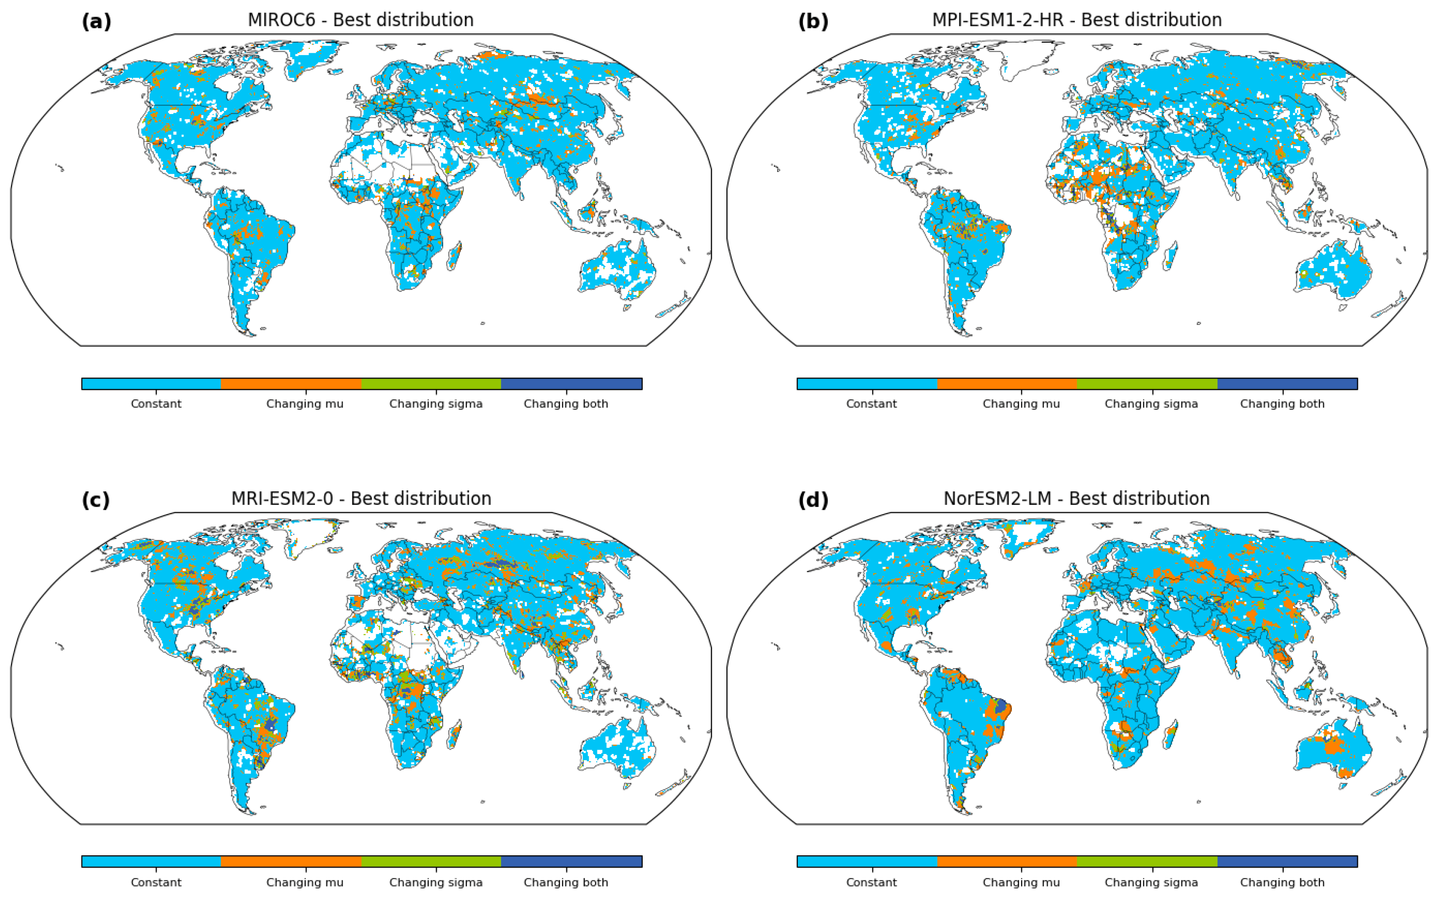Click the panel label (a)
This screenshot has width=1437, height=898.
pyautogui.click(x=96, y=22)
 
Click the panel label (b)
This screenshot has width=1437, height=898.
pyautogui.click(x=812, y=22)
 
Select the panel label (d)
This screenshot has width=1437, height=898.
pyautogui.click(x=812, y=500)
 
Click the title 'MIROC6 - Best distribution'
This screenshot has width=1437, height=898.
pyautogui.click(x=360, y=20)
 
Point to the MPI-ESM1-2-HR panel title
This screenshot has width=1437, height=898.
pyautogui.click(x=1076, y=20)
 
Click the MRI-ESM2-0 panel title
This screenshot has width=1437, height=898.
pyautogui.click(x=361, y=498)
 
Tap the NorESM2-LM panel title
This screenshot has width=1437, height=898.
pyautogui.click(x=1076, y=498)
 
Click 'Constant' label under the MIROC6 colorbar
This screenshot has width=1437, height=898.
pyautogui.click(x=156, y=404)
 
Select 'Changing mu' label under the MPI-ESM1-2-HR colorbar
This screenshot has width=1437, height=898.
pyautogui.click(x=1021, y=404)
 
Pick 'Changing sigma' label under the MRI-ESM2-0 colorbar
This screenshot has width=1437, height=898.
pyautogui.click(x=436, y=883)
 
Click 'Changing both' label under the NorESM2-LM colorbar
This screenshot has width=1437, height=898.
pyautogui.click(x=1282, y=883)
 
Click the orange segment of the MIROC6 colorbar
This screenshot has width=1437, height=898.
pyautogui.click(x=291, y=384)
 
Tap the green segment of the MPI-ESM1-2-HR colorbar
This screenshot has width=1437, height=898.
pyautogui.click(x=1147, y=384)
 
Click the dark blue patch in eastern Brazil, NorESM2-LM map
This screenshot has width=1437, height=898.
pyautogui.click(x=1001, y=706)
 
